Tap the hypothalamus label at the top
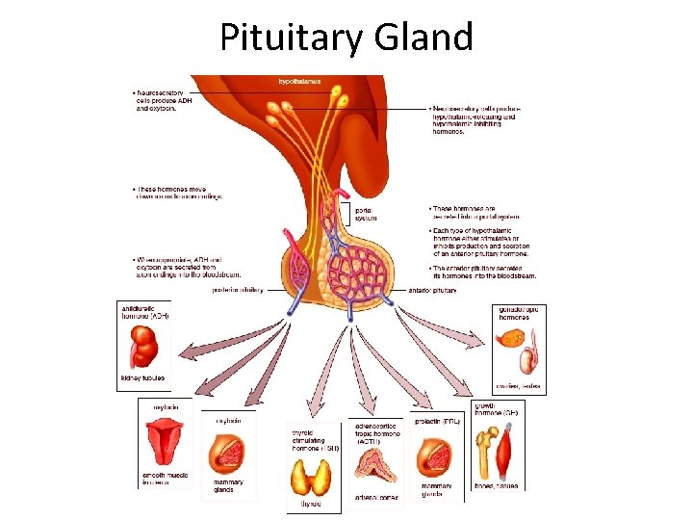point(300,82)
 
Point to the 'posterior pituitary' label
point(238,290)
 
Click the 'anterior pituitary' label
point(430,290)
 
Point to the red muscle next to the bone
point(509,451)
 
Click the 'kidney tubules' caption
point(141,377)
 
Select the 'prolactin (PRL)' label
point(438,421)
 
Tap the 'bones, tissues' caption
point(497,486)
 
